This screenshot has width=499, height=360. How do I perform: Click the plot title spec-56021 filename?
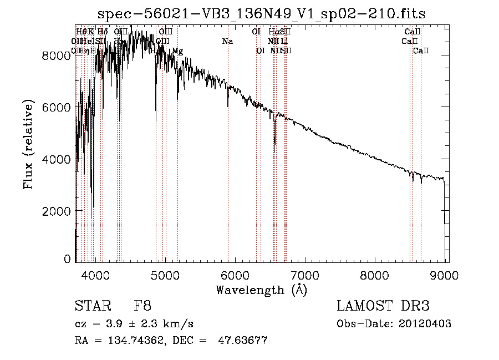[261, 14]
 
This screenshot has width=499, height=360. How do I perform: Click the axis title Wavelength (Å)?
[261, 290]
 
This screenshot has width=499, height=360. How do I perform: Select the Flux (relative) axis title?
[28, 145]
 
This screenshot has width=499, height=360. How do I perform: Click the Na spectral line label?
[227, 41]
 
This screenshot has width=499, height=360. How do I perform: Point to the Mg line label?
[177, 51]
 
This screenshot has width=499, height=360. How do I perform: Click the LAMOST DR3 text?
[383, 306]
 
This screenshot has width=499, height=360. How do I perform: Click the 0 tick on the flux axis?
[68, 259]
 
